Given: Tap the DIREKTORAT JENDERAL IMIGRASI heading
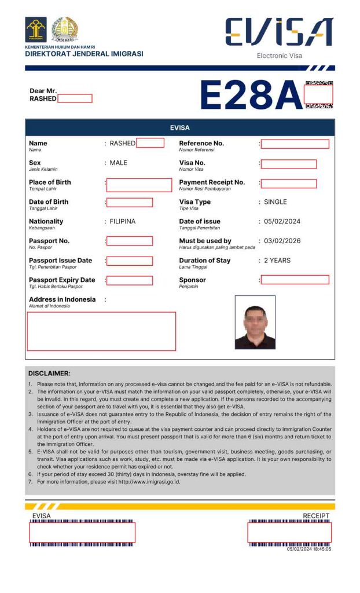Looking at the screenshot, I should click(x=84, y=54).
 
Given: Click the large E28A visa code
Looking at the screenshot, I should click(x=251, y=94).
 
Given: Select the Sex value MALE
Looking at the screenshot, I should click(x=118, y=163).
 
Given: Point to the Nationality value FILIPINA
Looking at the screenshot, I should click(x=123, y=221).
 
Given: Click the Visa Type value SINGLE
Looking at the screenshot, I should click(x=275, y=202).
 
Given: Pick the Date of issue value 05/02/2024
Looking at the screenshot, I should click(x=282, y=221).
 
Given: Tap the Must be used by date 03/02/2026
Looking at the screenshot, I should click(x=282, y=241).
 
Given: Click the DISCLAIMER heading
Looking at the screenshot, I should click(x=49, y=374).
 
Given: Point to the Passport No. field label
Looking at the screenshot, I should click(x=49, y=241).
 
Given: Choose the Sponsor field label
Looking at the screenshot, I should click(x=192, y=280).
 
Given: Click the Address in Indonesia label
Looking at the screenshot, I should click(x=62, y=299).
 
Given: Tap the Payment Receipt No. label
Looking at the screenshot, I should click(x=212, y=182).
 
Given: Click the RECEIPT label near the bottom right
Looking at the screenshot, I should click(x=316, y=516).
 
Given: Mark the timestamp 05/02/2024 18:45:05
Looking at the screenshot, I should click(x=309, y=549).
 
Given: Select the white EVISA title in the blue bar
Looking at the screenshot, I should click(x=179, y=127).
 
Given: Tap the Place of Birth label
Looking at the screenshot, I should click(x=50, y=182).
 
